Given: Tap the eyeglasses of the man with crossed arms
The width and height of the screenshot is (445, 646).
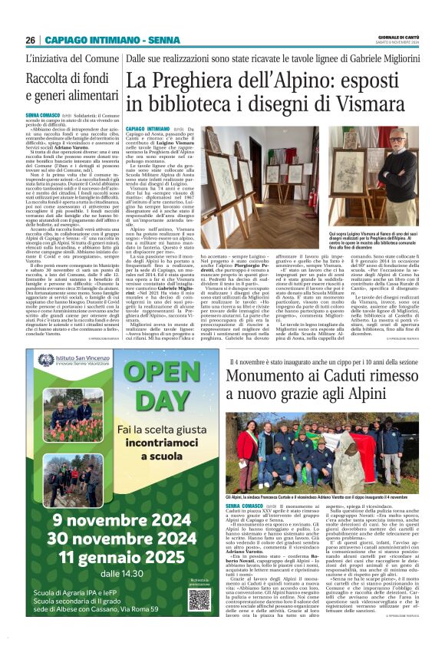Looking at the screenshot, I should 398,143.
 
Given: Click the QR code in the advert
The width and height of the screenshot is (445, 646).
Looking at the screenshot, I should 199,598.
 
